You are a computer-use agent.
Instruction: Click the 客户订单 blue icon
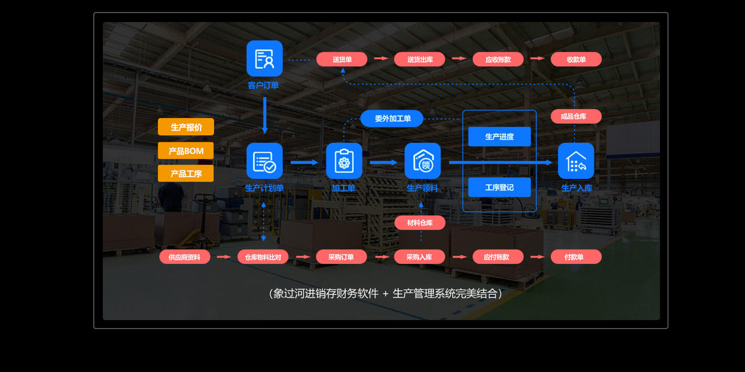(264, 59)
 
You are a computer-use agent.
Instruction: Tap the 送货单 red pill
(342, 59)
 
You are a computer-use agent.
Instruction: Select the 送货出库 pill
(420, 59)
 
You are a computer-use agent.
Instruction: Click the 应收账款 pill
(498, 59)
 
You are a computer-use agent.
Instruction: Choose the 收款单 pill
(576, 59)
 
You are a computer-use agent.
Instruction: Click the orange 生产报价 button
(186, 127)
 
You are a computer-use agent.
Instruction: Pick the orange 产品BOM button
(186, 151)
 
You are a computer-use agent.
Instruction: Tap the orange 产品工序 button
(186, 174)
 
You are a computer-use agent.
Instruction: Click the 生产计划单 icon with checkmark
(264, 161)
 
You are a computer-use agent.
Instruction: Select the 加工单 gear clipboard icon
(344, 161)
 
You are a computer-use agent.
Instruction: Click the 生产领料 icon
(422, 161)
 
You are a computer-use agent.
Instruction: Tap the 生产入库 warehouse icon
(576, 161)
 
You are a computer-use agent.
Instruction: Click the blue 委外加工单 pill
(392, 119)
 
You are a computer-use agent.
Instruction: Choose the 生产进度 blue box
(499, 136)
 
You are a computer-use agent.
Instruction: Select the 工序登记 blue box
(499, 187)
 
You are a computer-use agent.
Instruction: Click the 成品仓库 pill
(576, 116)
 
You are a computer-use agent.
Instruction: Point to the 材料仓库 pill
(420, 223)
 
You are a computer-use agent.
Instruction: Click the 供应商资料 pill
(185, 257)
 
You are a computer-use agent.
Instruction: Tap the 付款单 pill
(576, 257)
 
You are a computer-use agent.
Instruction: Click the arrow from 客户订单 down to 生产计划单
(264, 114)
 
